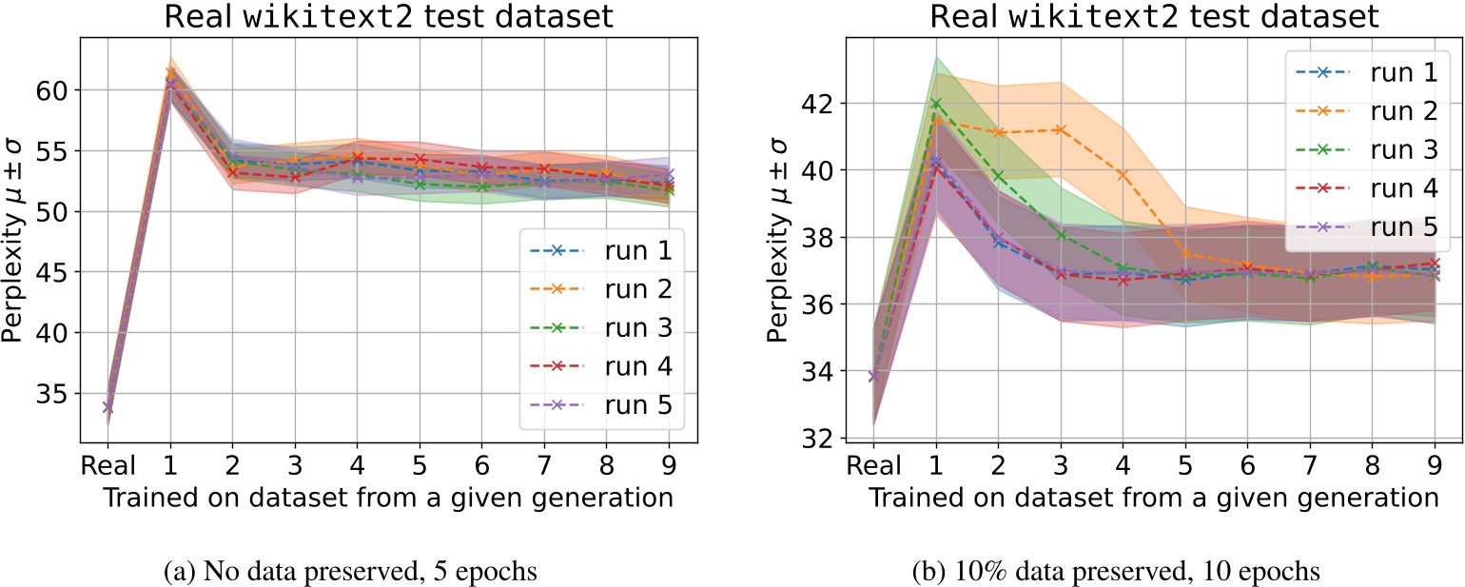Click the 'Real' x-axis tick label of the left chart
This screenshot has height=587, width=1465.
tap(107, 469)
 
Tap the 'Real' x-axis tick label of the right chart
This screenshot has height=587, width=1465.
tap(873, 469)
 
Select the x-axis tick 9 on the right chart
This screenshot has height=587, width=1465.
tap(1434, 469)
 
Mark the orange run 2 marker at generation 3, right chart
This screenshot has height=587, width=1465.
tap(1060, 129)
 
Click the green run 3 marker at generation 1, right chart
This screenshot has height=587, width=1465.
tap(936, 103)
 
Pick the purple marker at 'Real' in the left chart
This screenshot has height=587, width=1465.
tap(107, 407)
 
